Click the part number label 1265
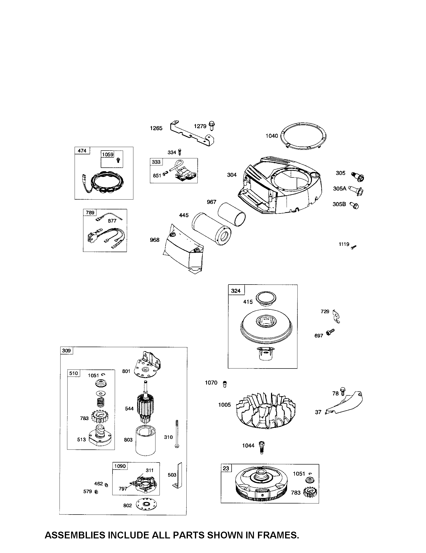pyautogui.click(x=156, y=128)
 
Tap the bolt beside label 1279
pyautogui.click(x=211, y=126)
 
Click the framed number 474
pyautogui.click(x=82, y=151)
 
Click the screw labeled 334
pyautogui.click(x=180, y=152)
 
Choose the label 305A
pyautogui.click(x=340, y=188)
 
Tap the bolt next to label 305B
pyautogui.click(x=354, y=205)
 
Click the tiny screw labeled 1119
pyautogui.click(x=354, y=247)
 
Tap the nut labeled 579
pyautogui.click(x=96, y=492)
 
